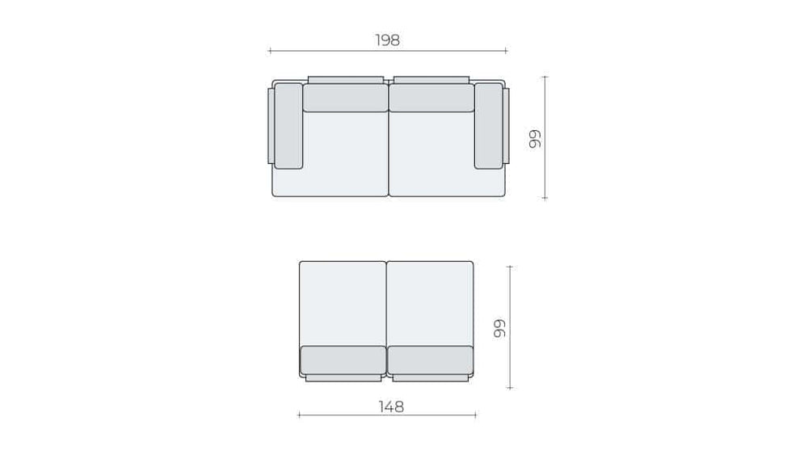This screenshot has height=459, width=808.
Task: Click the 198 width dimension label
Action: coord(387,40)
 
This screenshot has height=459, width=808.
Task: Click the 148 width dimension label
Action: coord(391,407)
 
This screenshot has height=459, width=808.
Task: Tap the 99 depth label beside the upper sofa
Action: coord(536,138)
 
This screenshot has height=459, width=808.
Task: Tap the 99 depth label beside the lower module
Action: coord(500,328)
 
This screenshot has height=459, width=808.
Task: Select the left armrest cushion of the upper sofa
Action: coord(288,126)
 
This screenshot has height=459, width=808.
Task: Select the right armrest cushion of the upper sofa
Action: coord(489,126)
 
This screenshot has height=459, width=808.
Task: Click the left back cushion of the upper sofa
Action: coord(345,98)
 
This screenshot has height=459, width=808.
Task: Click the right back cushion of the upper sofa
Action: coord(431,98)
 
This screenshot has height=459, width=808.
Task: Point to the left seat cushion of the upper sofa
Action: coord(344,154)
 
